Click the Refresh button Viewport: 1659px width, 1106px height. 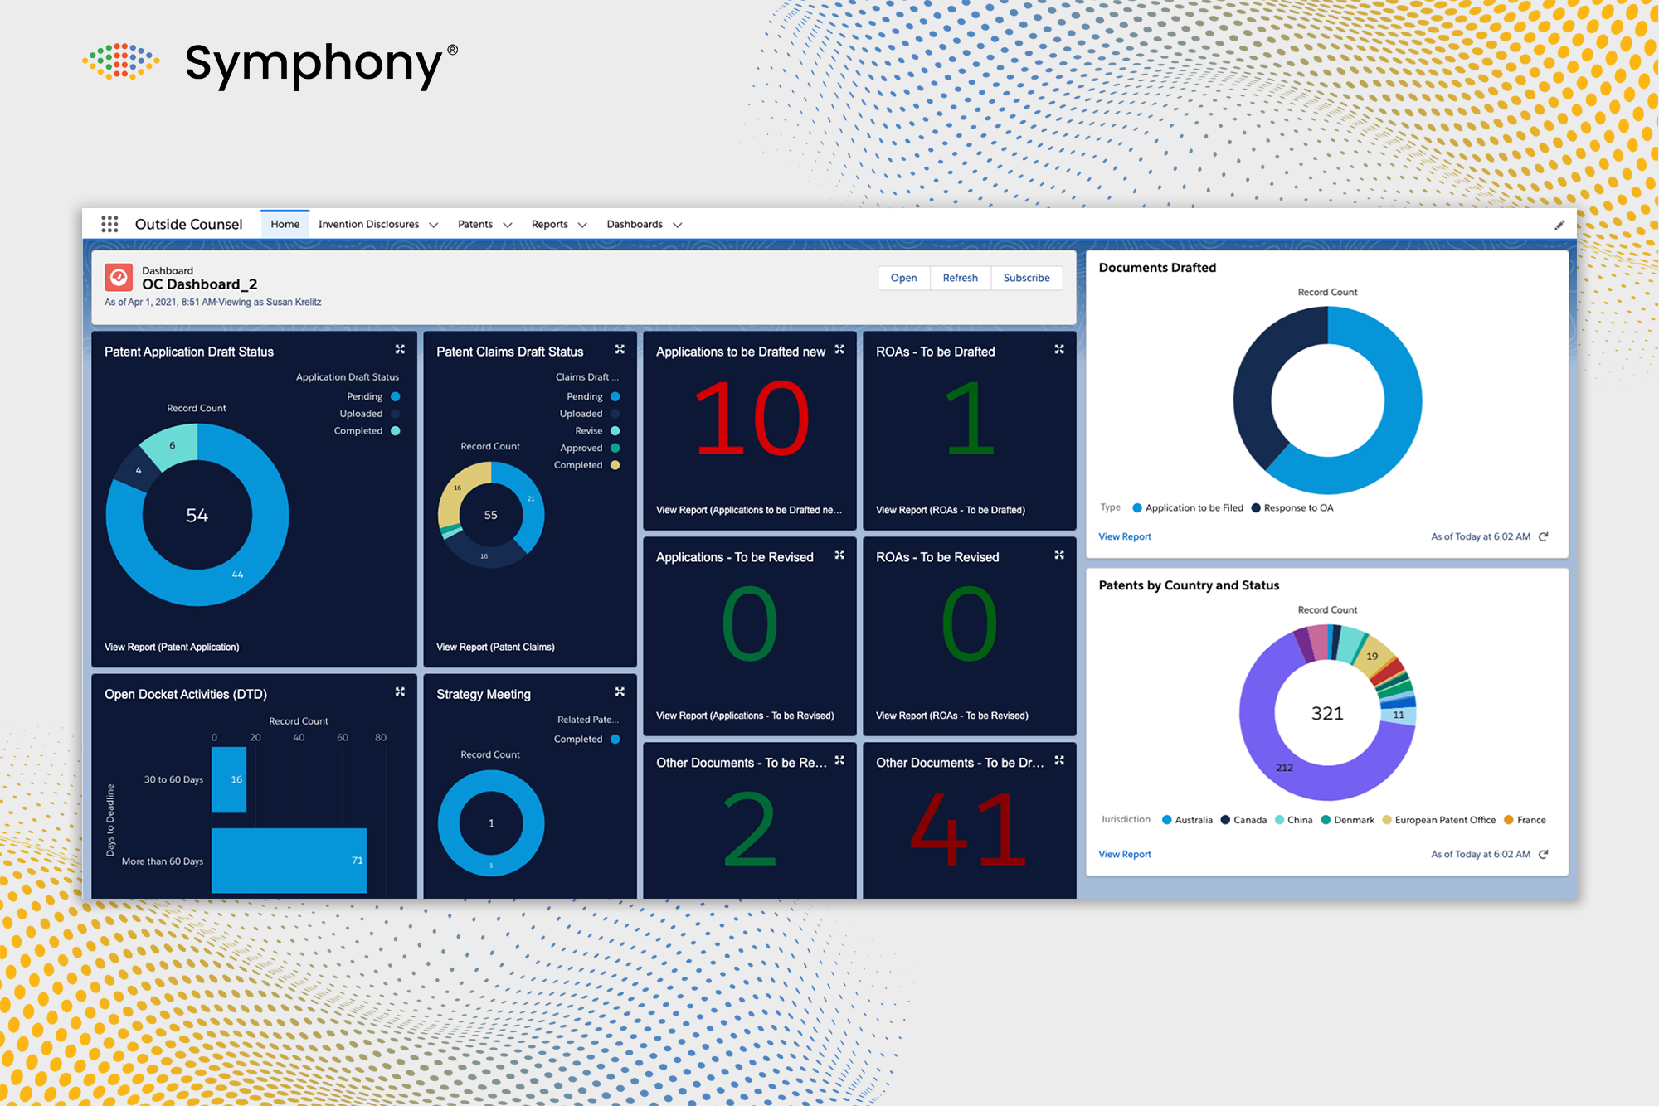click(x=960, y=278)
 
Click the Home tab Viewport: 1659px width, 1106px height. click(x=285, y=224)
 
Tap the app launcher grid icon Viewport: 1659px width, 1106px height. click(x=109, y=224)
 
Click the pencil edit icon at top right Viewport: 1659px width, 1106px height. click(x=1559, y=225)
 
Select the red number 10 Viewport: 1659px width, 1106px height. click(x=750, y=419)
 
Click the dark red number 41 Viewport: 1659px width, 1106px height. click(x=968, y=828)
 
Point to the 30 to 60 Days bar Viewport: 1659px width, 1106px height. click(x=228, y=779)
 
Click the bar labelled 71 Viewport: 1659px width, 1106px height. click(x=289, y=860)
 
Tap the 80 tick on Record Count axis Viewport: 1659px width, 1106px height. click(x=381, y=737)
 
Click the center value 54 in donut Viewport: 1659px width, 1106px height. click(x=197, y=516)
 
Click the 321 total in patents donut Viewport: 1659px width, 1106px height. click(x=1327, y=714)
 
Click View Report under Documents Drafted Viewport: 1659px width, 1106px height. click(x=1125, y=536)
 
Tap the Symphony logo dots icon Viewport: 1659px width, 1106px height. click(x=121, y=61)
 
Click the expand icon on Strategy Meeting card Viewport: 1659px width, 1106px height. click(x=620, y=691)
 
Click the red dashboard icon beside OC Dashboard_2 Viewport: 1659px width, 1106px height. click(x=119, y=278)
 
